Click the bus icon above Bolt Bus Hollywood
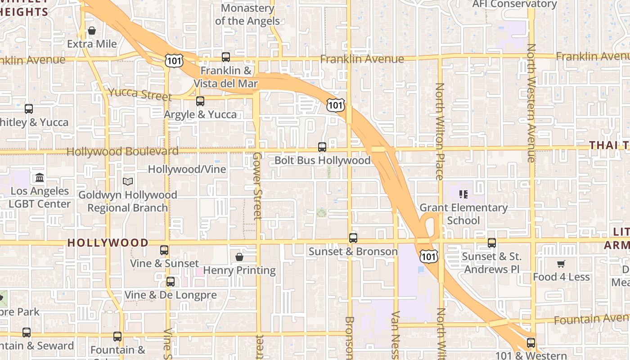coord(322,147)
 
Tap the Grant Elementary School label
coord(463,214)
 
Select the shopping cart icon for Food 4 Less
coord(561,264)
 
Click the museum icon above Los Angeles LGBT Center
coord(40,178)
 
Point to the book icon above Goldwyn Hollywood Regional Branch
coord(128,181)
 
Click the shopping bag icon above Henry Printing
coord(239,257)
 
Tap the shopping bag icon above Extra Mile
coord(92,31)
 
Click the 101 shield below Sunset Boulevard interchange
coord(428,256)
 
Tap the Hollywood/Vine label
coord(187,169)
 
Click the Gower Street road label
coord(257,185)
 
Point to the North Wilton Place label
coord(440,131)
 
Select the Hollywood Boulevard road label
coord(122,151)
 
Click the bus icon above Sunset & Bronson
coord(353,238)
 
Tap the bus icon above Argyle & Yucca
coord(200,101)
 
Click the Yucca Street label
coord(140,94)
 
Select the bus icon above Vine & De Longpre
coord(171,282)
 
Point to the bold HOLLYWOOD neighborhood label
coord(108,243)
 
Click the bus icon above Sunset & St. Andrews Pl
coord(492,243)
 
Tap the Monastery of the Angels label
coord(247,14)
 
